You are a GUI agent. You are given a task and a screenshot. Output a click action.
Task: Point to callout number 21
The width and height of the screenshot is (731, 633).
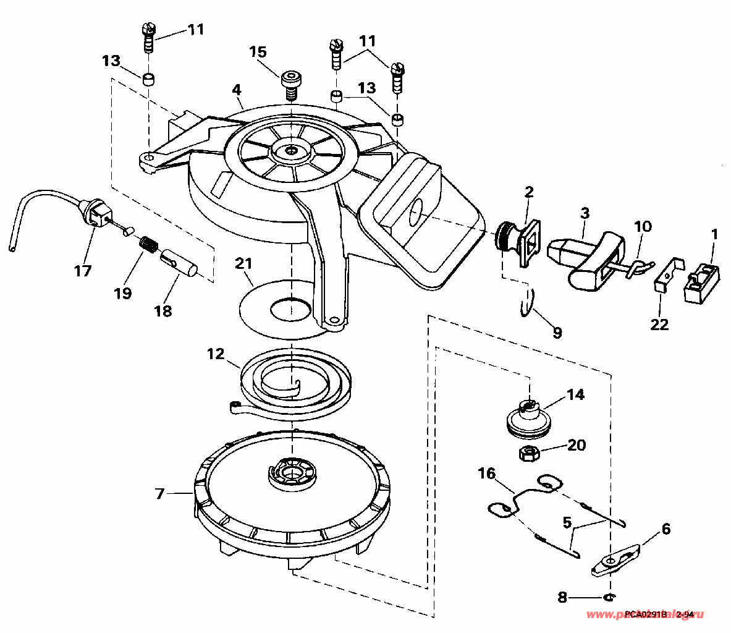(x=244, y=265)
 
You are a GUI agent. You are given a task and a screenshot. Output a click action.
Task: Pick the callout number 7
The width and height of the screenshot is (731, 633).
(x=160, y=494)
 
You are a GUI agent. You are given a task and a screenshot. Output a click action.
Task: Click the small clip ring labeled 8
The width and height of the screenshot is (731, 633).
(x=609, y=597)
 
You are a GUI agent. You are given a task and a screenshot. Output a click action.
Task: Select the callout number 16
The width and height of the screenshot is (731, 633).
(x=487, y=474)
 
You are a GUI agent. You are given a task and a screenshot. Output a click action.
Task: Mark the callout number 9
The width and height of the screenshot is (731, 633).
(x=557, y=333)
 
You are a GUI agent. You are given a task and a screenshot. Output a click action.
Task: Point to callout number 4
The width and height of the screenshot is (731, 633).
(x=236, y=89)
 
